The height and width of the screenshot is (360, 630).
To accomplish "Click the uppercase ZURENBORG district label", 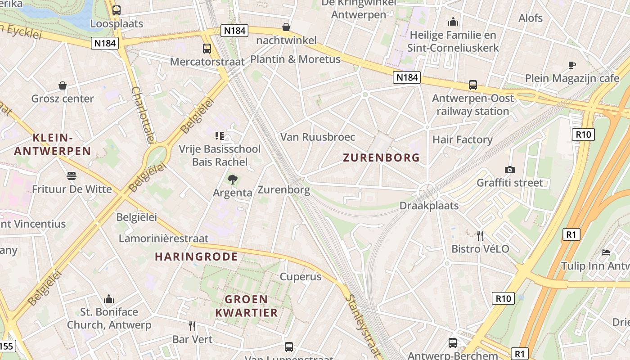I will pyautogui.click(x=381, y=157).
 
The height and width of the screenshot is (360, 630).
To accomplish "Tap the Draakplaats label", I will pyautogui.click(x=429, y=206).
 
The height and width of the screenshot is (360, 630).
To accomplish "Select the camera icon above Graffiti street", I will pyautogui.click(x=509, y=170).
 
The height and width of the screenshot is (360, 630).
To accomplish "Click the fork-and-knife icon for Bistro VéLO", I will pyautogui.click(x=480, y=235).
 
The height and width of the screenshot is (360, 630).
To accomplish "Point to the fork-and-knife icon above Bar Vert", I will pyautogui.click(x=192, y=326).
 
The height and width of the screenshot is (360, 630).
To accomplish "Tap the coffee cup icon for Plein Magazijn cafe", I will pyautogui.click(x=571, y=65).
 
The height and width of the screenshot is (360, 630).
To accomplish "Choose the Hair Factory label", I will pyautogui.click(x=462, y=139).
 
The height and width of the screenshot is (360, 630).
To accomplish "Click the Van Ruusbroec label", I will pyautogui.click(x=318, y=137).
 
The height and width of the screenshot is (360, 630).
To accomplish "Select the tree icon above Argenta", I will pyautogui.click(x=232, y=180).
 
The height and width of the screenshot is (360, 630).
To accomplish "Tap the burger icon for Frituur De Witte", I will pyautogui.click(x=72, y=175).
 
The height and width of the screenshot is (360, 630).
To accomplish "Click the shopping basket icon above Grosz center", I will pyautogui.click(x=63, y=85).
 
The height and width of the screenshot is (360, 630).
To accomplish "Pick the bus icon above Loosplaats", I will pyautogui.click(x=117, y=10).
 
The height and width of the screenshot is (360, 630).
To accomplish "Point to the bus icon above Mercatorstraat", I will pyautogui.click(x=207, y=48).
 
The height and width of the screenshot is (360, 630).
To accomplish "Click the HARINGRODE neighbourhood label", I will pyautogui.click(x=196, y=256).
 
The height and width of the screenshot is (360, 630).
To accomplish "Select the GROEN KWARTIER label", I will pyautogui.click(x=246, y=306).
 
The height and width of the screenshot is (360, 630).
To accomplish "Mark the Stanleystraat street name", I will pyautogui.click(x=363, y=326).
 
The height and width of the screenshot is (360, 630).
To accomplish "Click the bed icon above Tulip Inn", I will pyautogui.click(x=606, y=252).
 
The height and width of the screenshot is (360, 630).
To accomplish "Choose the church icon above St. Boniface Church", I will pyautogui.click(x=109, y=299).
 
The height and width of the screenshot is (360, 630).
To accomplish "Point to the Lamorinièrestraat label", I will pyautogui.click(x=163, y=238).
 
